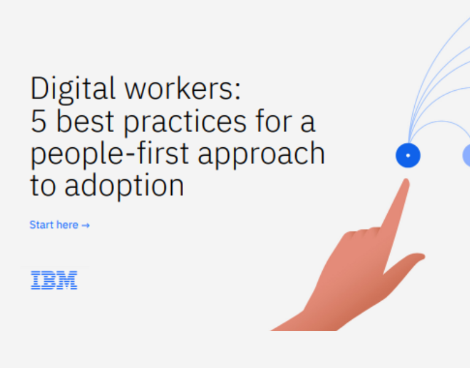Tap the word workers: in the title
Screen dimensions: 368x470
(183, 90)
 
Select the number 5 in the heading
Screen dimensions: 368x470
(39, 122)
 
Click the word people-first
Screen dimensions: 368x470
(111, 154)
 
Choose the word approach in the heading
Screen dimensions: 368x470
(262, 154)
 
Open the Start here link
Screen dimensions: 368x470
(54, 225)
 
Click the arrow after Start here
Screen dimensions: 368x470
(86, 226)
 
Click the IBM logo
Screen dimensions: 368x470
(54, 280)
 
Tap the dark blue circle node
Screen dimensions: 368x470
(408, 155)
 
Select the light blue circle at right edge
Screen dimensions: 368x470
(466, 155)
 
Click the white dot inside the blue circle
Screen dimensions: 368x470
(408, 155)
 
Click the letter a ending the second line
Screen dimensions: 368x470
(307, 122)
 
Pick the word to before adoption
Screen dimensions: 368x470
(42, 186)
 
